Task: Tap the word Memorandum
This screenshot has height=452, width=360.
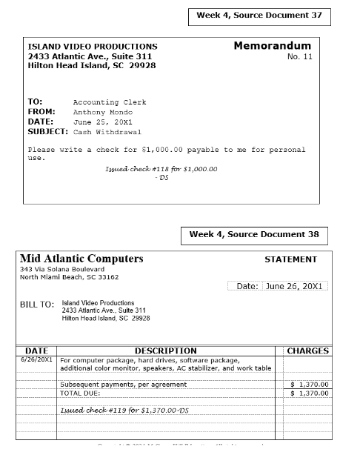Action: point(272,46)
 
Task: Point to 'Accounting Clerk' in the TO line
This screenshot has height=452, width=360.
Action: point(110,102)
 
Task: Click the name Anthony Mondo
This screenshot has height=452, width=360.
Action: point(103,112)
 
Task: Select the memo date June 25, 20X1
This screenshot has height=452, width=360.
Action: point(102,122)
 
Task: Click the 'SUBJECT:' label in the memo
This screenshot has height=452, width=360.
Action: point(48,131)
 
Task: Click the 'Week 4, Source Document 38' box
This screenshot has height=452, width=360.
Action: point(254,235)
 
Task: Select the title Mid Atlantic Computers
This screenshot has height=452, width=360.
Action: point(81,259)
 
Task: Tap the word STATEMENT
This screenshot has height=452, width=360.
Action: point(290,260)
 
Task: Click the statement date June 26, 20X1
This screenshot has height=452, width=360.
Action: point(296,286)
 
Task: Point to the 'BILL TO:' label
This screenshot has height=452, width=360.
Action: point(37,305)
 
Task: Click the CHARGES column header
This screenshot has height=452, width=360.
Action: point(307,350)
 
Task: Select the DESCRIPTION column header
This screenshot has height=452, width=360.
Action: point(165,350)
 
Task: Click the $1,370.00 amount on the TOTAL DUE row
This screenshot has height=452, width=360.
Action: point(309,393)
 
